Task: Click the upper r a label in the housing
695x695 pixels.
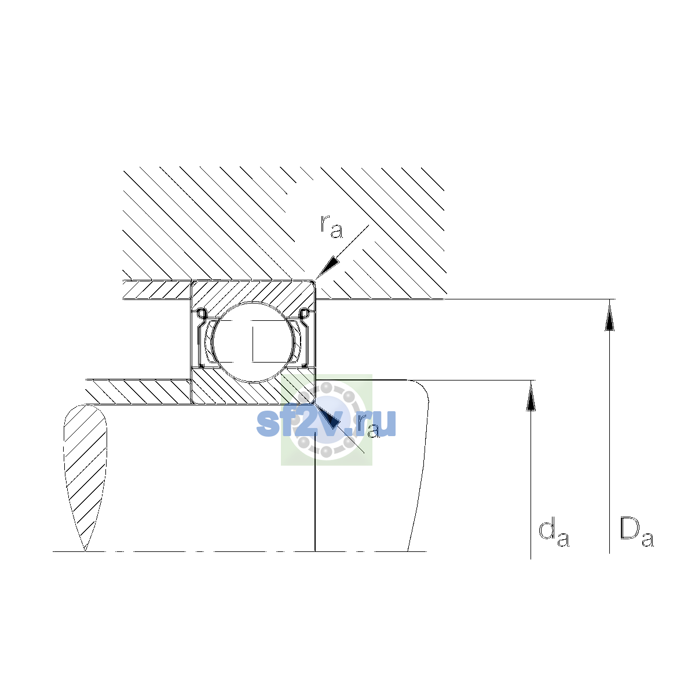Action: [x=331, y=227]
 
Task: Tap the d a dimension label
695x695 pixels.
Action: [x=554, y=534]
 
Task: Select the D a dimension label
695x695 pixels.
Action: [x=637, y=534]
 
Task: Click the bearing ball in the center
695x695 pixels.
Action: [x=253, y=342]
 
